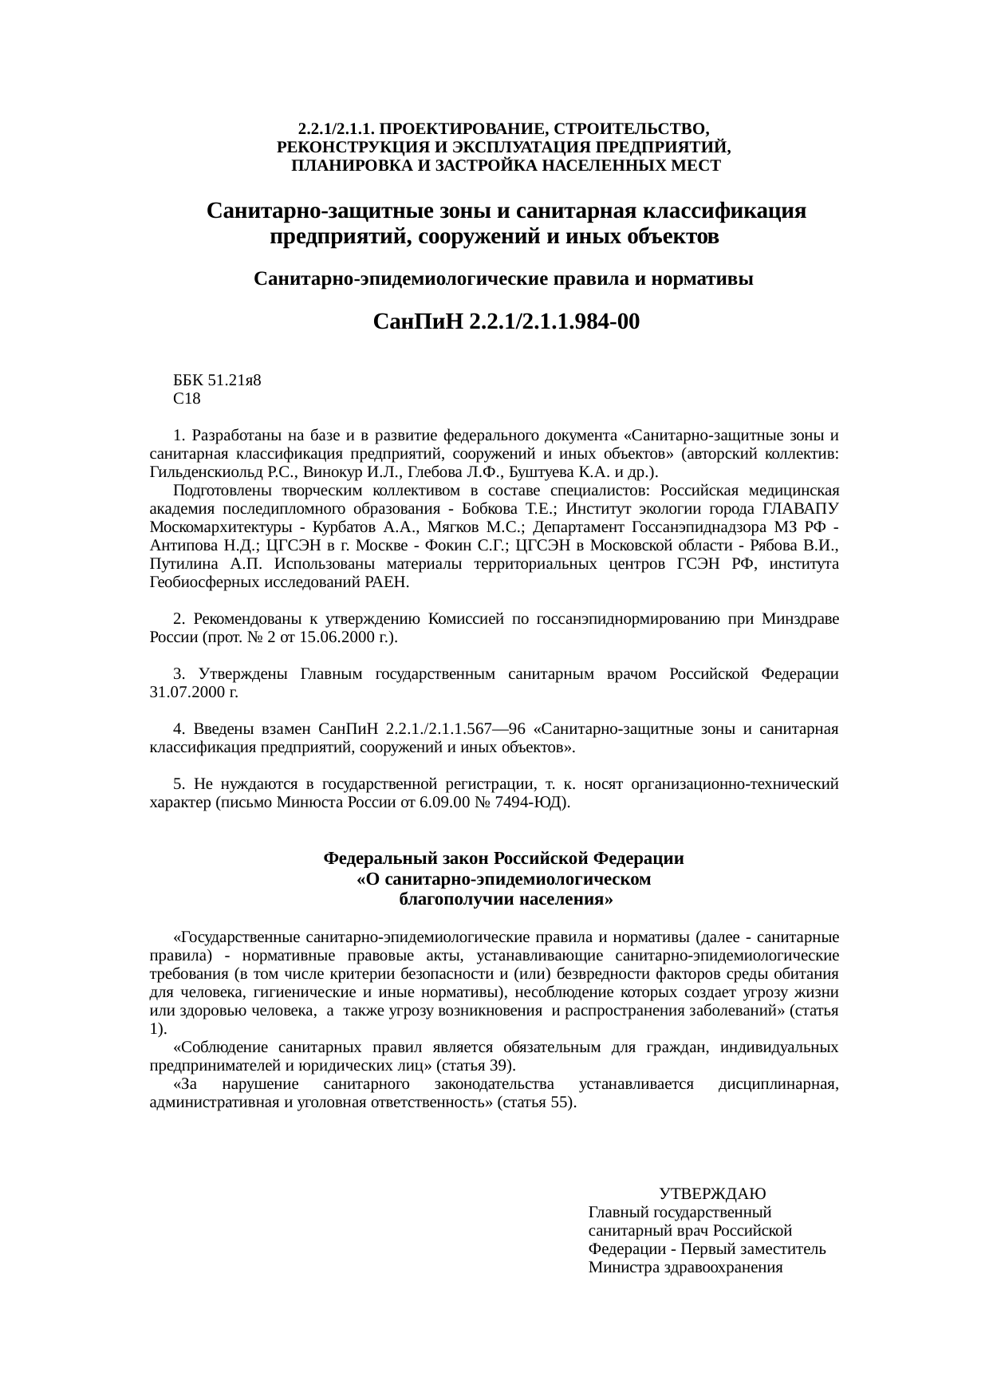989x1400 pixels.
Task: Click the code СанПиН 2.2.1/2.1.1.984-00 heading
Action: (506, 322)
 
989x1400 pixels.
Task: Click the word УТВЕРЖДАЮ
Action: (712, 1194)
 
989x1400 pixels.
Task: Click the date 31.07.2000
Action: (188, 692)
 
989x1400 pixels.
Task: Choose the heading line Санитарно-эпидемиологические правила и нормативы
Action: (502, 280)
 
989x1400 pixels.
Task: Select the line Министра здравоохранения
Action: (685, 1268)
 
